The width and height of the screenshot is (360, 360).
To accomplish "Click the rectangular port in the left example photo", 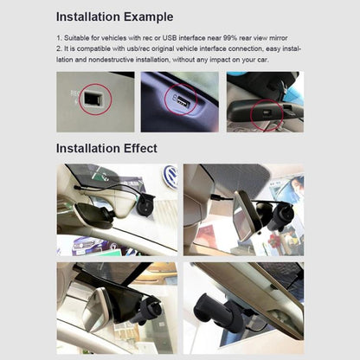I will (89, 100).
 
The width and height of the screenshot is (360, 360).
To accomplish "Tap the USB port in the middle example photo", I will (181, 102).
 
